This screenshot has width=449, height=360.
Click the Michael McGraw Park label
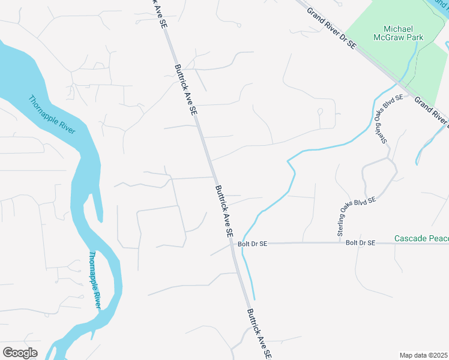click(403, 33)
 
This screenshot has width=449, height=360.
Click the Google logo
click(20, 353)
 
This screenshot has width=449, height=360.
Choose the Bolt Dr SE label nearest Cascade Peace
click(360, 242)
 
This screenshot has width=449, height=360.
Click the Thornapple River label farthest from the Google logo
click(51, 115)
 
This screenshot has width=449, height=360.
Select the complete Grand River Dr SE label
click(331, 28)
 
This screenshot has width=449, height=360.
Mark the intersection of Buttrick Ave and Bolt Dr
click(233, 243)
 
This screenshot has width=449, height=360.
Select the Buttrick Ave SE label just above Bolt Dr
click(223, 211)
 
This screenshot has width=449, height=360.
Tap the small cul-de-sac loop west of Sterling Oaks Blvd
click(321, 112)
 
